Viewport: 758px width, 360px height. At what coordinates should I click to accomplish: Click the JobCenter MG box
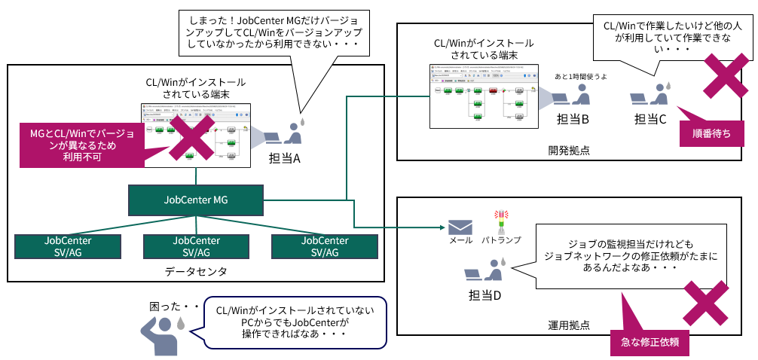click(x=196, y=200)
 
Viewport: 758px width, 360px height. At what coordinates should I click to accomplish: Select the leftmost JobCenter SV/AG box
click(x=68, y=246)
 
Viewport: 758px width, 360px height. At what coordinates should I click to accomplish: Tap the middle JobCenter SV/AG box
click(x=197, y=246)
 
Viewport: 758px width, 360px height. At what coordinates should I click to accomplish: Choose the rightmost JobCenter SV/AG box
click(x=325, y=246)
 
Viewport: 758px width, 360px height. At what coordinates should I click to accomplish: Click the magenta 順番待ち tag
click(x=712, y=133)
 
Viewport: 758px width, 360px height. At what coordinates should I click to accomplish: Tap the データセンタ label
click(x=196, y=270)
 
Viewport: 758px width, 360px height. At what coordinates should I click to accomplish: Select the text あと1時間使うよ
click(x=582, y=77)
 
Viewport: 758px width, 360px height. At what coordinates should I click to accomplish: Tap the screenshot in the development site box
click(x=483, y=96)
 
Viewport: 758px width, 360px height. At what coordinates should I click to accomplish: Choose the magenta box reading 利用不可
click(x=83, y=145)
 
